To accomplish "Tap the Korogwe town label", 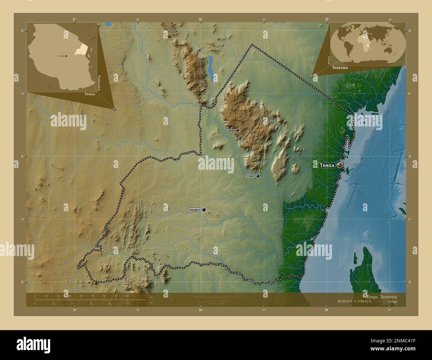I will (x=250, y=176).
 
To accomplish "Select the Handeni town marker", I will (x=204, y=210).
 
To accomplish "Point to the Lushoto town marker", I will (x=238, y=130).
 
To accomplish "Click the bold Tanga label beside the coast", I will (x=327, y=165).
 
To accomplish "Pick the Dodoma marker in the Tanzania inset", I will (x=66, y=56).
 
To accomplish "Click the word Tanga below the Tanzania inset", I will (x=90, y=94).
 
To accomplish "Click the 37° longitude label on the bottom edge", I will (x=75, y=310).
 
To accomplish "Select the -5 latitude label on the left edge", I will (x=22, y=156).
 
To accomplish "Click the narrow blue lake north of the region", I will (x=211, y=68).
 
